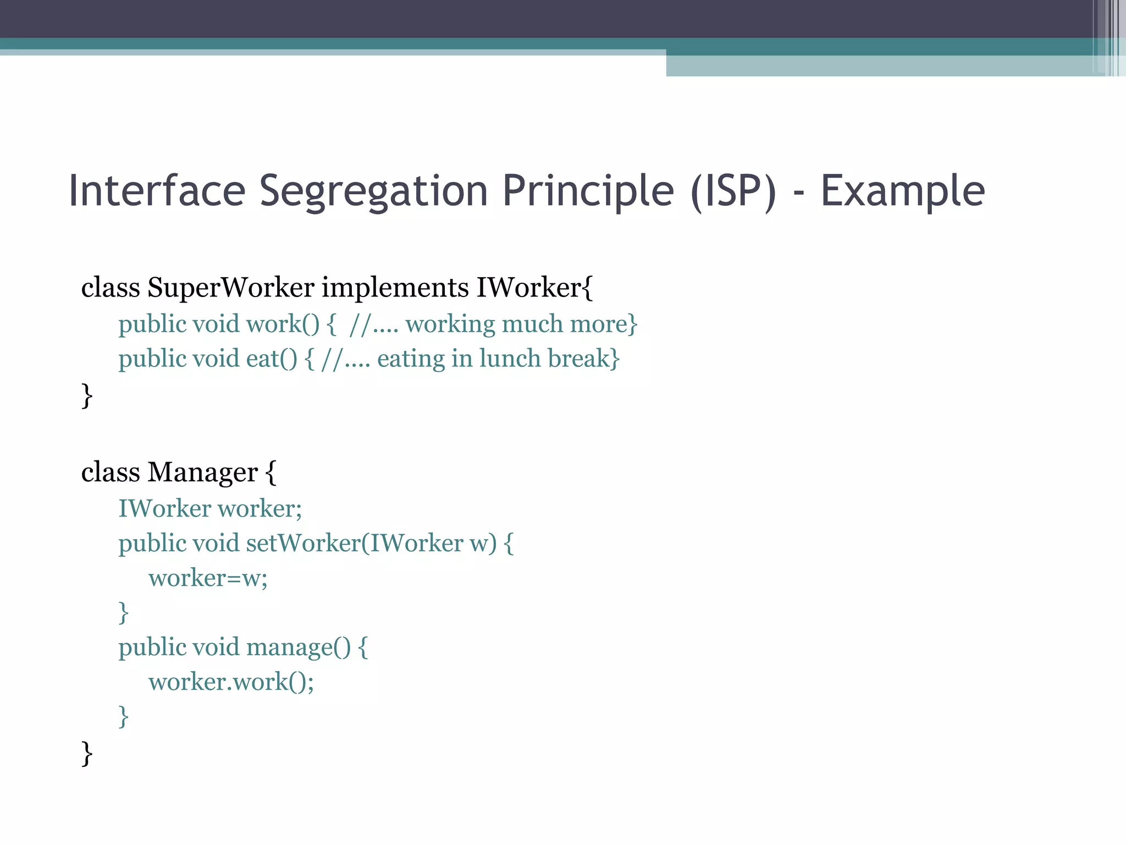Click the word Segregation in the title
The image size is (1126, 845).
(373, 191)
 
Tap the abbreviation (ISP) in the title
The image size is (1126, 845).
(733, 191)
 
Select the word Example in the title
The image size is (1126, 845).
(902, 191)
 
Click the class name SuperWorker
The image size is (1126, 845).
(230, 287)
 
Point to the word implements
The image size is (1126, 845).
(395, 287)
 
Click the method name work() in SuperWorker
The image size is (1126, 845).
(282, 324)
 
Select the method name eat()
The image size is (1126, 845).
(271, 359)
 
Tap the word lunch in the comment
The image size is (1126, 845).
(510, 359)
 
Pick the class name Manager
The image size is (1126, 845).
(202, 472)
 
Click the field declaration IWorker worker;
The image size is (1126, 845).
(210, 508)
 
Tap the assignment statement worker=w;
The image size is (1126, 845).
(208, 578)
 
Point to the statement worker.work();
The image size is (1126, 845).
(231, 682)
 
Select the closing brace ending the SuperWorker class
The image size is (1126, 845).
(87, 395)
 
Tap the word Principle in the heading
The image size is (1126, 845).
(588, 191)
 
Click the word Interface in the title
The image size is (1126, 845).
(157, 191)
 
